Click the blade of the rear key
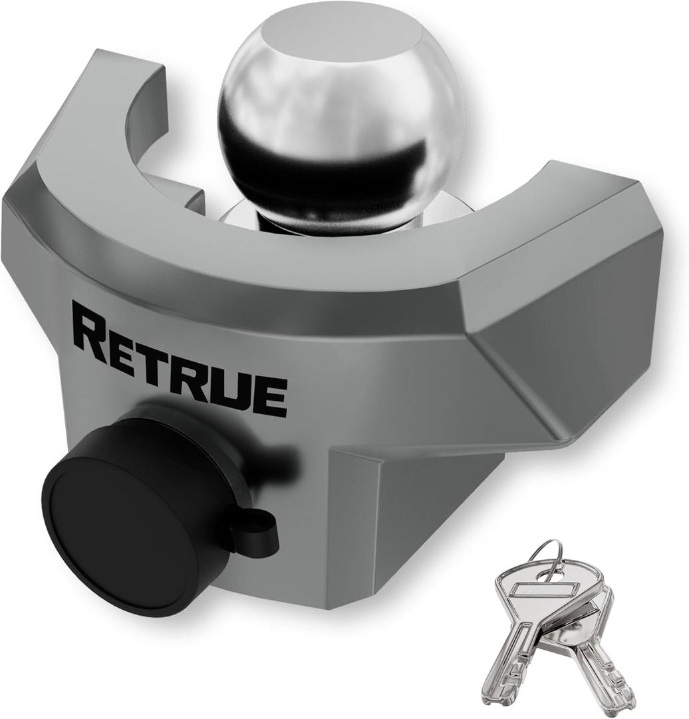pyautogui.click(x=602, y=672)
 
